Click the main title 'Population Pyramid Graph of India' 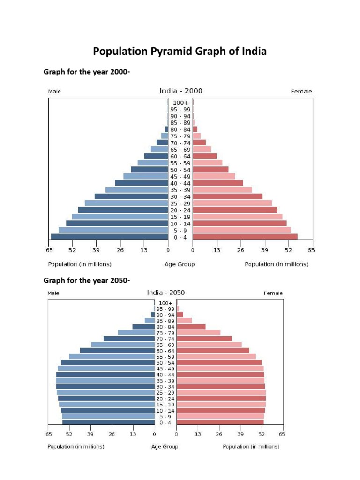coord(180,52)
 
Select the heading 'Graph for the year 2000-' coord(87,72)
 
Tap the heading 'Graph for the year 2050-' coord(87,281)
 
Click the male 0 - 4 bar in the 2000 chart coord(110,237)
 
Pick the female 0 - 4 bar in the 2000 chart coord(245,237)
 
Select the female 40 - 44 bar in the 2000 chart coord(218,183)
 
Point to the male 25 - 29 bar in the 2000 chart coord(127,203)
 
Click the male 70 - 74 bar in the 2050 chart coord(129,338)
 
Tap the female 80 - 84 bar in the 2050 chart coord(191,327)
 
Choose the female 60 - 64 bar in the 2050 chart coord(213,351)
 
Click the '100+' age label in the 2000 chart coord(180,103)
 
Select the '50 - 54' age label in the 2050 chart coord(165,363)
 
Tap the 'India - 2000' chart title coord(181,91)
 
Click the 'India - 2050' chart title coord(166,292)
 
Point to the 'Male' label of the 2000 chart coord(54,92)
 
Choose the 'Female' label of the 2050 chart coord(273,293)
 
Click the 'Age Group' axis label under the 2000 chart coord(180,264)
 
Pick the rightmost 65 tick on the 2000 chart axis coord(311,250)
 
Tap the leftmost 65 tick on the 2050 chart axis coord(49,434)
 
